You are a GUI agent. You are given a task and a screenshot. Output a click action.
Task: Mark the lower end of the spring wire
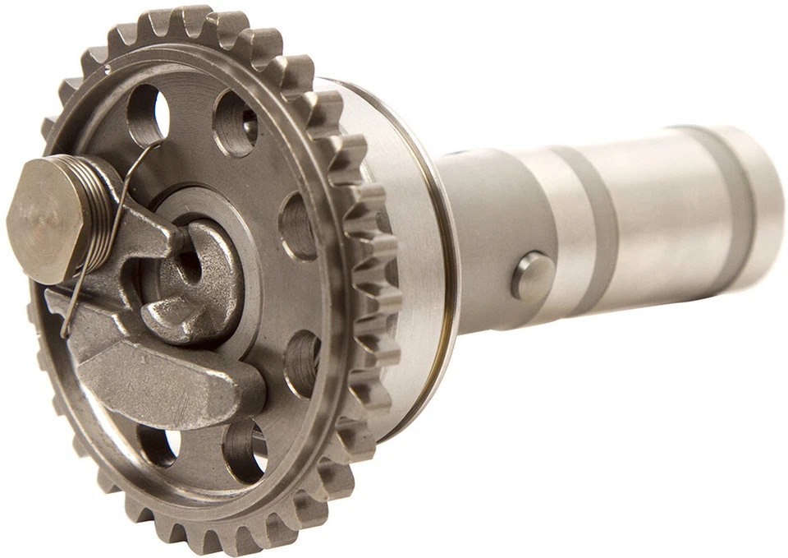(x=65, y=333)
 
